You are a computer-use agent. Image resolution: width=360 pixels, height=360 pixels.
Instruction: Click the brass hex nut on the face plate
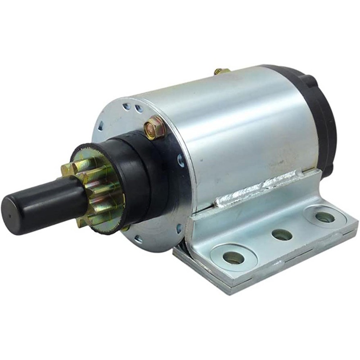[x=155, y=127]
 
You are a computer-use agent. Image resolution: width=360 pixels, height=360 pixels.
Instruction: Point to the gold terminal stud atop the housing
[x=220, y=71]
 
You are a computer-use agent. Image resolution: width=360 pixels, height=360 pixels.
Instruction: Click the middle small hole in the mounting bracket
[x=282, y=234]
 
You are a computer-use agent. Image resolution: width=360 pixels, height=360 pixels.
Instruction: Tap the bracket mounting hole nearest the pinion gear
[x=234, y=258]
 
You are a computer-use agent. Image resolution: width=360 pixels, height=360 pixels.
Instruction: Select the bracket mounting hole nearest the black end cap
[x=324, y=217]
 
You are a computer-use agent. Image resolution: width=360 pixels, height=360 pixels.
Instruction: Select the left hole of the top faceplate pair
[x=128, y=107]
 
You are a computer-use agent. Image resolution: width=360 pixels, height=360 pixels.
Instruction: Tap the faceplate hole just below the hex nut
[x=180, y=159]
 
